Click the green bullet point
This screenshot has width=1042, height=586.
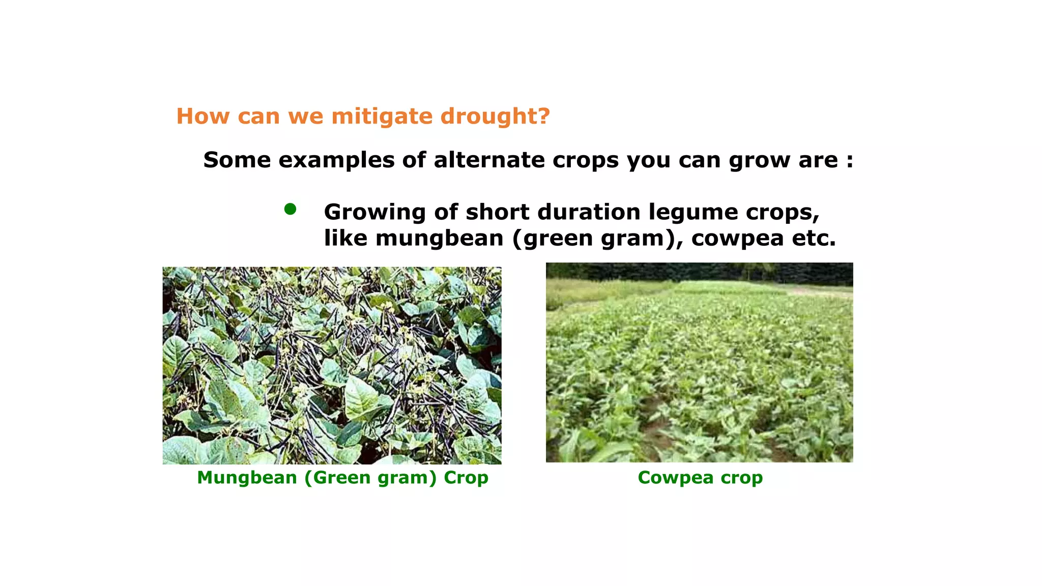tap(290, 209)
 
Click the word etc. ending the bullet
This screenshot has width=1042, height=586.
tap(814, 239)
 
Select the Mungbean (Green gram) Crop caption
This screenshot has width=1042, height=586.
tap(342, 478)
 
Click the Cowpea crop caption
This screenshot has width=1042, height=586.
tap(700, 478)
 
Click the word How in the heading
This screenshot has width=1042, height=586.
tap(202, 116)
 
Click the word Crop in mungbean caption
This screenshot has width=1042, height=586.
tap(466, 478)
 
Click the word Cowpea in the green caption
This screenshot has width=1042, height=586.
tap(675, 478)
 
